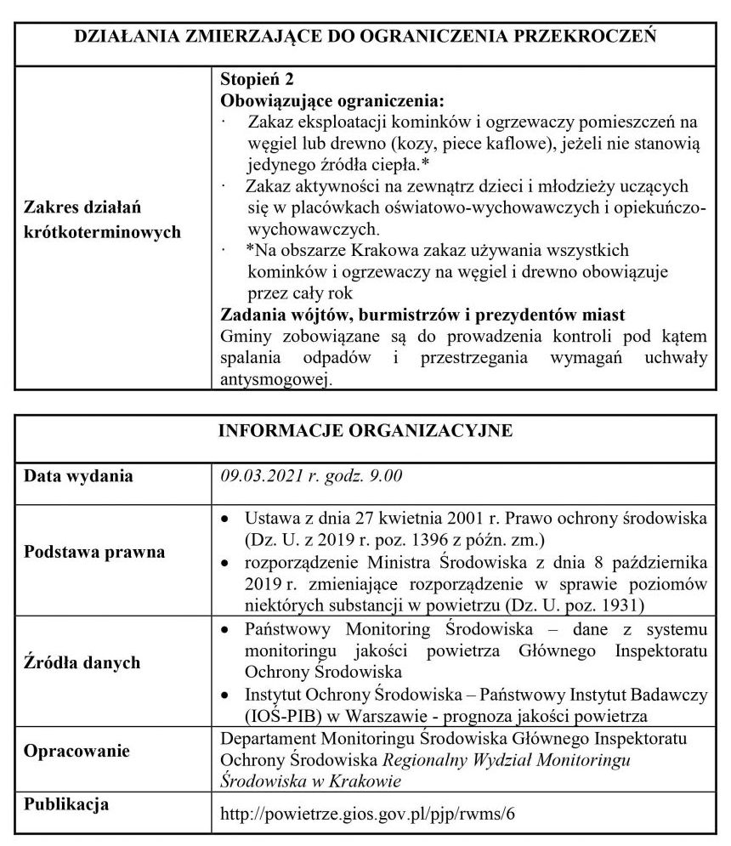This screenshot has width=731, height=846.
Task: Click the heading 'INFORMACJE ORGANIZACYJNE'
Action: coord(365,430)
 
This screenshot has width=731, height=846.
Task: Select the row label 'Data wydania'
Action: coord(78,475)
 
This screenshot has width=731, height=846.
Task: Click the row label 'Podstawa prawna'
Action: coord(93,553)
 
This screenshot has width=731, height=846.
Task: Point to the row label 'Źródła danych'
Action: coord(82,662)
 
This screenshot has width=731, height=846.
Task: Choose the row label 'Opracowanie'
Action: coord(77,752)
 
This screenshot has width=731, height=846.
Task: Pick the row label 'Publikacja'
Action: coord(66,803)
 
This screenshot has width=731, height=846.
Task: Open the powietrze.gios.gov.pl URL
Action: coord(367,813)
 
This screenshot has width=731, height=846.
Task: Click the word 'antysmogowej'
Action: coord(274,380)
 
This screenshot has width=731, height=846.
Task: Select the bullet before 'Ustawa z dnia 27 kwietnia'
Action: coord(225,518)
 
